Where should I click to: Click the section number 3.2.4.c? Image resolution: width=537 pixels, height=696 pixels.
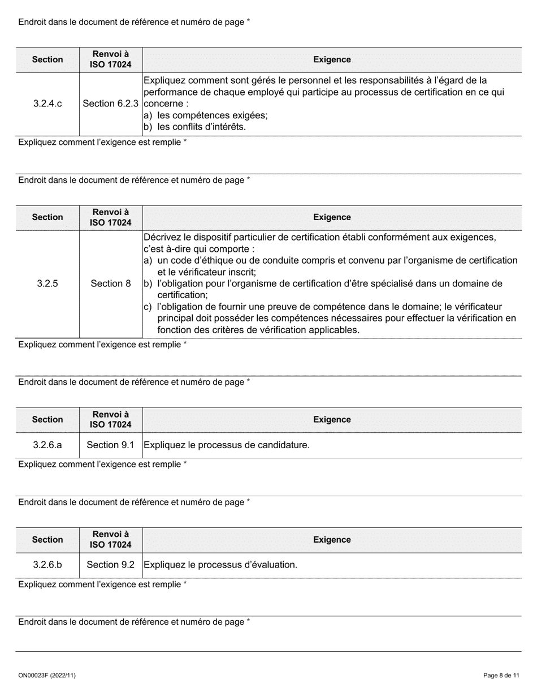[x=47, y=104]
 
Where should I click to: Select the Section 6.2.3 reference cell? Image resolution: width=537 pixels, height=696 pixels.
[x=111, y=104]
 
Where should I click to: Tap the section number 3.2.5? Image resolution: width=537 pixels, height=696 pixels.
[x=47, y=283]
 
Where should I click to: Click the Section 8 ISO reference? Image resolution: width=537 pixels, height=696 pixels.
[x=111, y=283]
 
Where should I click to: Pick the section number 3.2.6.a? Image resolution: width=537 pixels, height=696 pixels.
[x=47, y=445]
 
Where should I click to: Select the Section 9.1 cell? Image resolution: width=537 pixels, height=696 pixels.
[x=111, y=445]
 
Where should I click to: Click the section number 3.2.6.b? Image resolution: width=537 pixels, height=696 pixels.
[x=47, y=565]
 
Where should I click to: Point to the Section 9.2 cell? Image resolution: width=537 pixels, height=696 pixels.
[x=111, y=565]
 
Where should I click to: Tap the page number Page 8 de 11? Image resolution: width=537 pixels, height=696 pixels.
[x=501, y=675]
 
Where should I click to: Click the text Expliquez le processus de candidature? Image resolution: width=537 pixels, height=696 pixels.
[x=227, y=445]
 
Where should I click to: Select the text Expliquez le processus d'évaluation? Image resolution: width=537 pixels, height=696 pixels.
[x=220, y=565]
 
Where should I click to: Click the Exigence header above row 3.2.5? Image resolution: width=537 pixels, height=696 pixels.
[x=332, y=217]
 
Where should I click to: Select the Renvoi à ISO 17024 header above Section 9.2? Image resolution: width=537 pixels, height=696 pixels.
[x=111, y=540]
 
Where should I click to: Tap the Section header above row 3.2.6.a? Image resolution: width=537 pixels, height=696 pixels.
[x=47, y=419]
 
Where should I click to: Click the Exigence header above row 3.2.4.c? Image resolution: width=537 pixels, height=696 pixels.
[x=332, y=59]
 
